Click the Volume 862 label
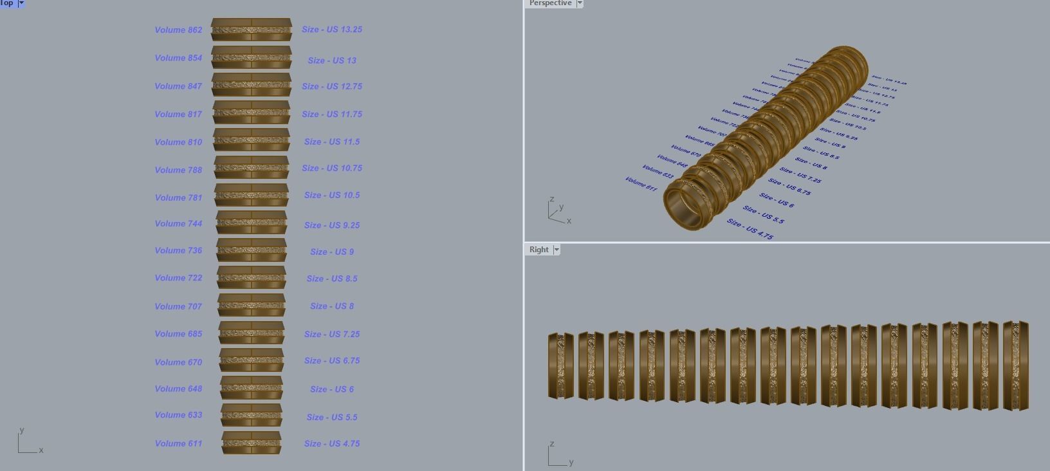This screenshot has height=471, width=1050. tap(178, 30)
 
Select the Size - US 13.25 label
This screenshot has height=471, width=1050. tap(332, 30)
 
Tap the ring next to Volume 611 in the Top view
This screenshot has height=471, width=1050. tap(252, 443)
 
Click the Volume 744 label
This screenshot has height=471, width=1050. tap(178, 224)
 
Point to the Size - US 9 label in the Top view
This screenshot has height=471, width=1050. tap(332, 252)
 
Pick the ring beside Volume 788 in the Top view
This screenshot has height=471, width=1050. tap(252, 168)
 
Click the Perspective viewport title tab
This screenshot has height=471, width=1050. tap(550, 3)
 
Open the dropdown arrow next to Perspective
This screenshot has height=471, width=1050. tap(580, 3)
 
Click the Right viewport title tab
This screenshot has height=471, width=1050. tap(539, 250)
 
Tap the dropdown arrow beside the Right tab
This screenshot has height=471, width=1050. tap(557, 250)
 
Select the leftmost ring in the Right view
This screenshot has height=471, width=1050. tap(560, 365)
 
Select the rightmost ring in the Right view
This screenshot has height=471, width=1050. tap(1016, 365)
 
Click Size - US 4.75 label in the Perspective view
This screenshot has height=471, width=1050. tap(750, 230)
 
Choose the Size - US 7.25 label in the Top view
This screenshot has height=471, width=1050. tap(332, 335)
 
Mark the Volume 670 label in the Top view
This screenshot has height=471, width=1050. tap(178, 362)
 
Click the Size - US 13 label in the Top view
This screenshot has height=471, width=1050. tap(332, 60)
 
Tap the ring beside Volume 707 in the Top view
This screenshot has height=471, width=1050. tap(252, 306)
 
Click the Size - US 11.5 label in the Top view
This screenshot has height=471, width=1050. tap(332, 142)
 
